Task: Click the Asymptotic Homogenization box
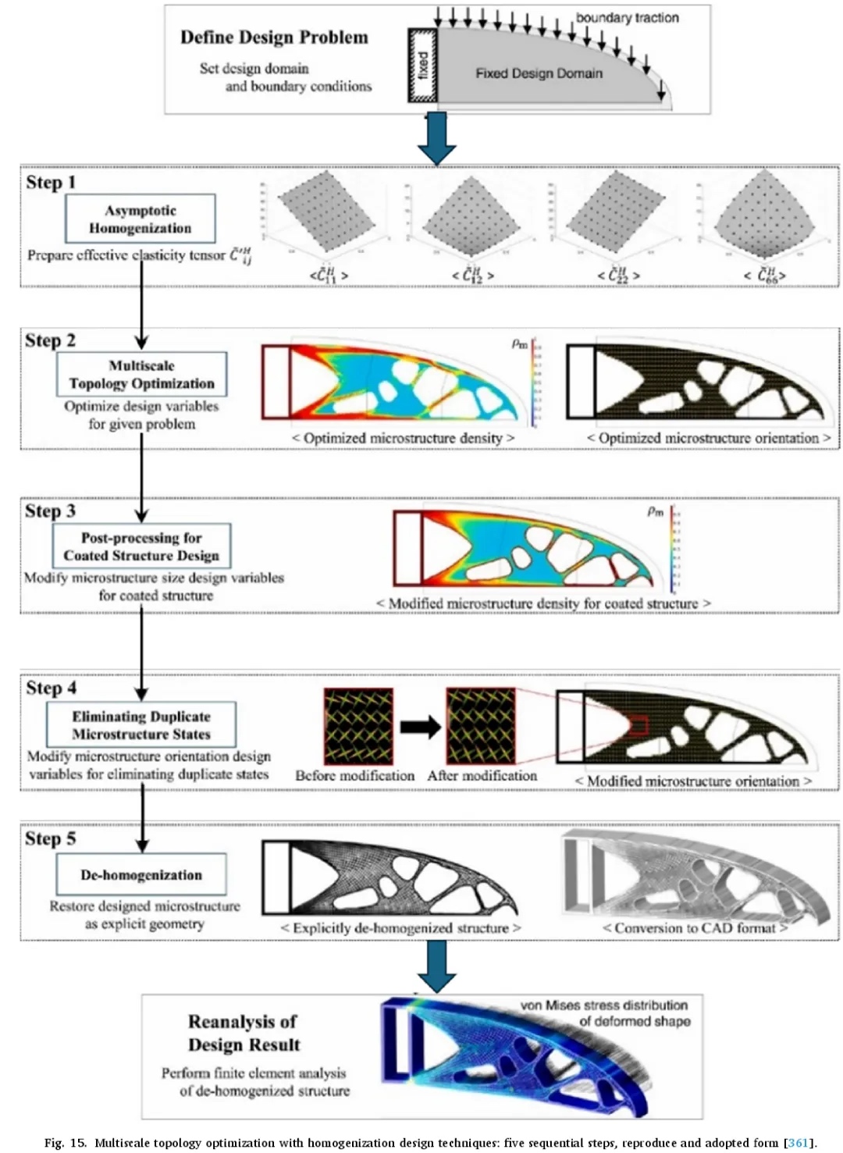[x=140, y=219]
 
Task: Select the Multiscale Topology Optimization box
[x=141, y=374]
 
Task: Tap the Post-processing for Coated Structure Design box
[x=141, y=546]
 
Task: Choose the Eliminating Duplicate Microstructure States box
[x=141, y=724]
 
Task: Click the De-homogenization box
[x=141, y=875]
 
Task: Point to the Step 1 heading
[x=52, y=183]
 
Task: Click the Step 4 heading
[x=52, y=688]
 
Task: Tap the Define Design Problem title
[x=274, y=37]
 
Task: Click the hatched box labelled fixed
[x=422, y=66]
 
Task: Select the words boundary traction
[x=627, y=17]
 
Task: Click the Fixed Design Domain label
[x=539, y=73]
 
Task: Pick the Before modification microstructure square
[x=358, y=726]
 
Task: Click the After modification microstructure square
[x=481, y=726]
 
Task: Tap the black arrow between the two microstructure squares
[x=420, y=727]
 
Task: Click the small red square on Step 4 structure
[x=639, y=726]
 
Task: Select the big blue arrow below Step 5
[x=437, y=966]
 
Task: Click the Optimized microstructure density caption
[x=403, y=438]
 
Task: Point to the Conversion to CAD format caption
[x=695, y=928]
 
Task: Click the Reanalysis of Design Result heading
[x=244, y=1033]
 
